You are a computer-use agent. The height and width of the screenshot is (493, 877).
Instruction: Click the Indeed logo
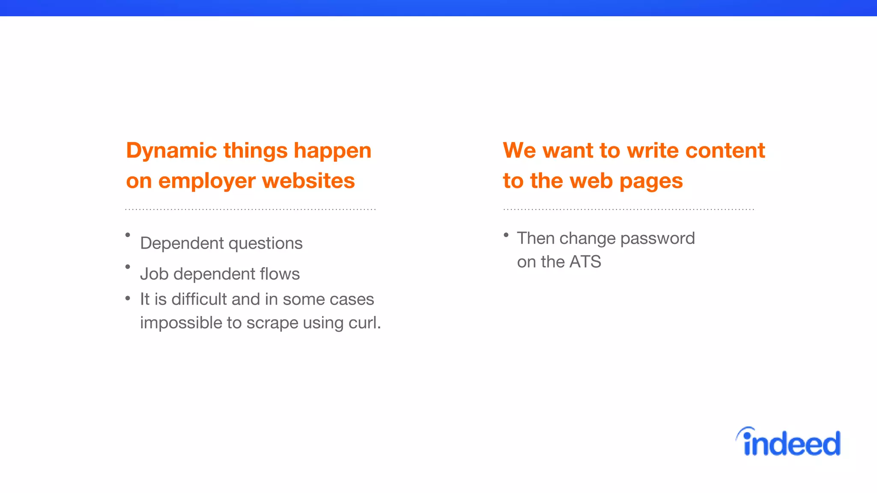(789, 443)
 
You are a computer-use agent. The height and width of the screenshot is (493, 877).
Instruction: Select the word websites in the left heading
(308, 181)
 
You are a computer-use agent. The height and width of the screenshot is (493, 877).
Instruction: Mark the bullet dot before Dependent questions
(128, 235)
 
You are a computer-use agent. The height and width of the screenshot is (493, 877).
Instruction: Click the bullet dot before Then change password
(506, 235)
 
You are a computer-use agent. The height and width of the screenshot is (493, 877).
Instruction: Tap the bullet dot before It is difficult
(128, 298)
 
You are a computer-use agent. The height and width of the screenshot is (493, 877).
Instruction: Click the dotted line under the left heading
(250, 210)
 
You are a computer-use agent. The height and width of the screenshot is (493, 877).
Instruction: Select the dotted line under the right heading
(629, 210)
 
